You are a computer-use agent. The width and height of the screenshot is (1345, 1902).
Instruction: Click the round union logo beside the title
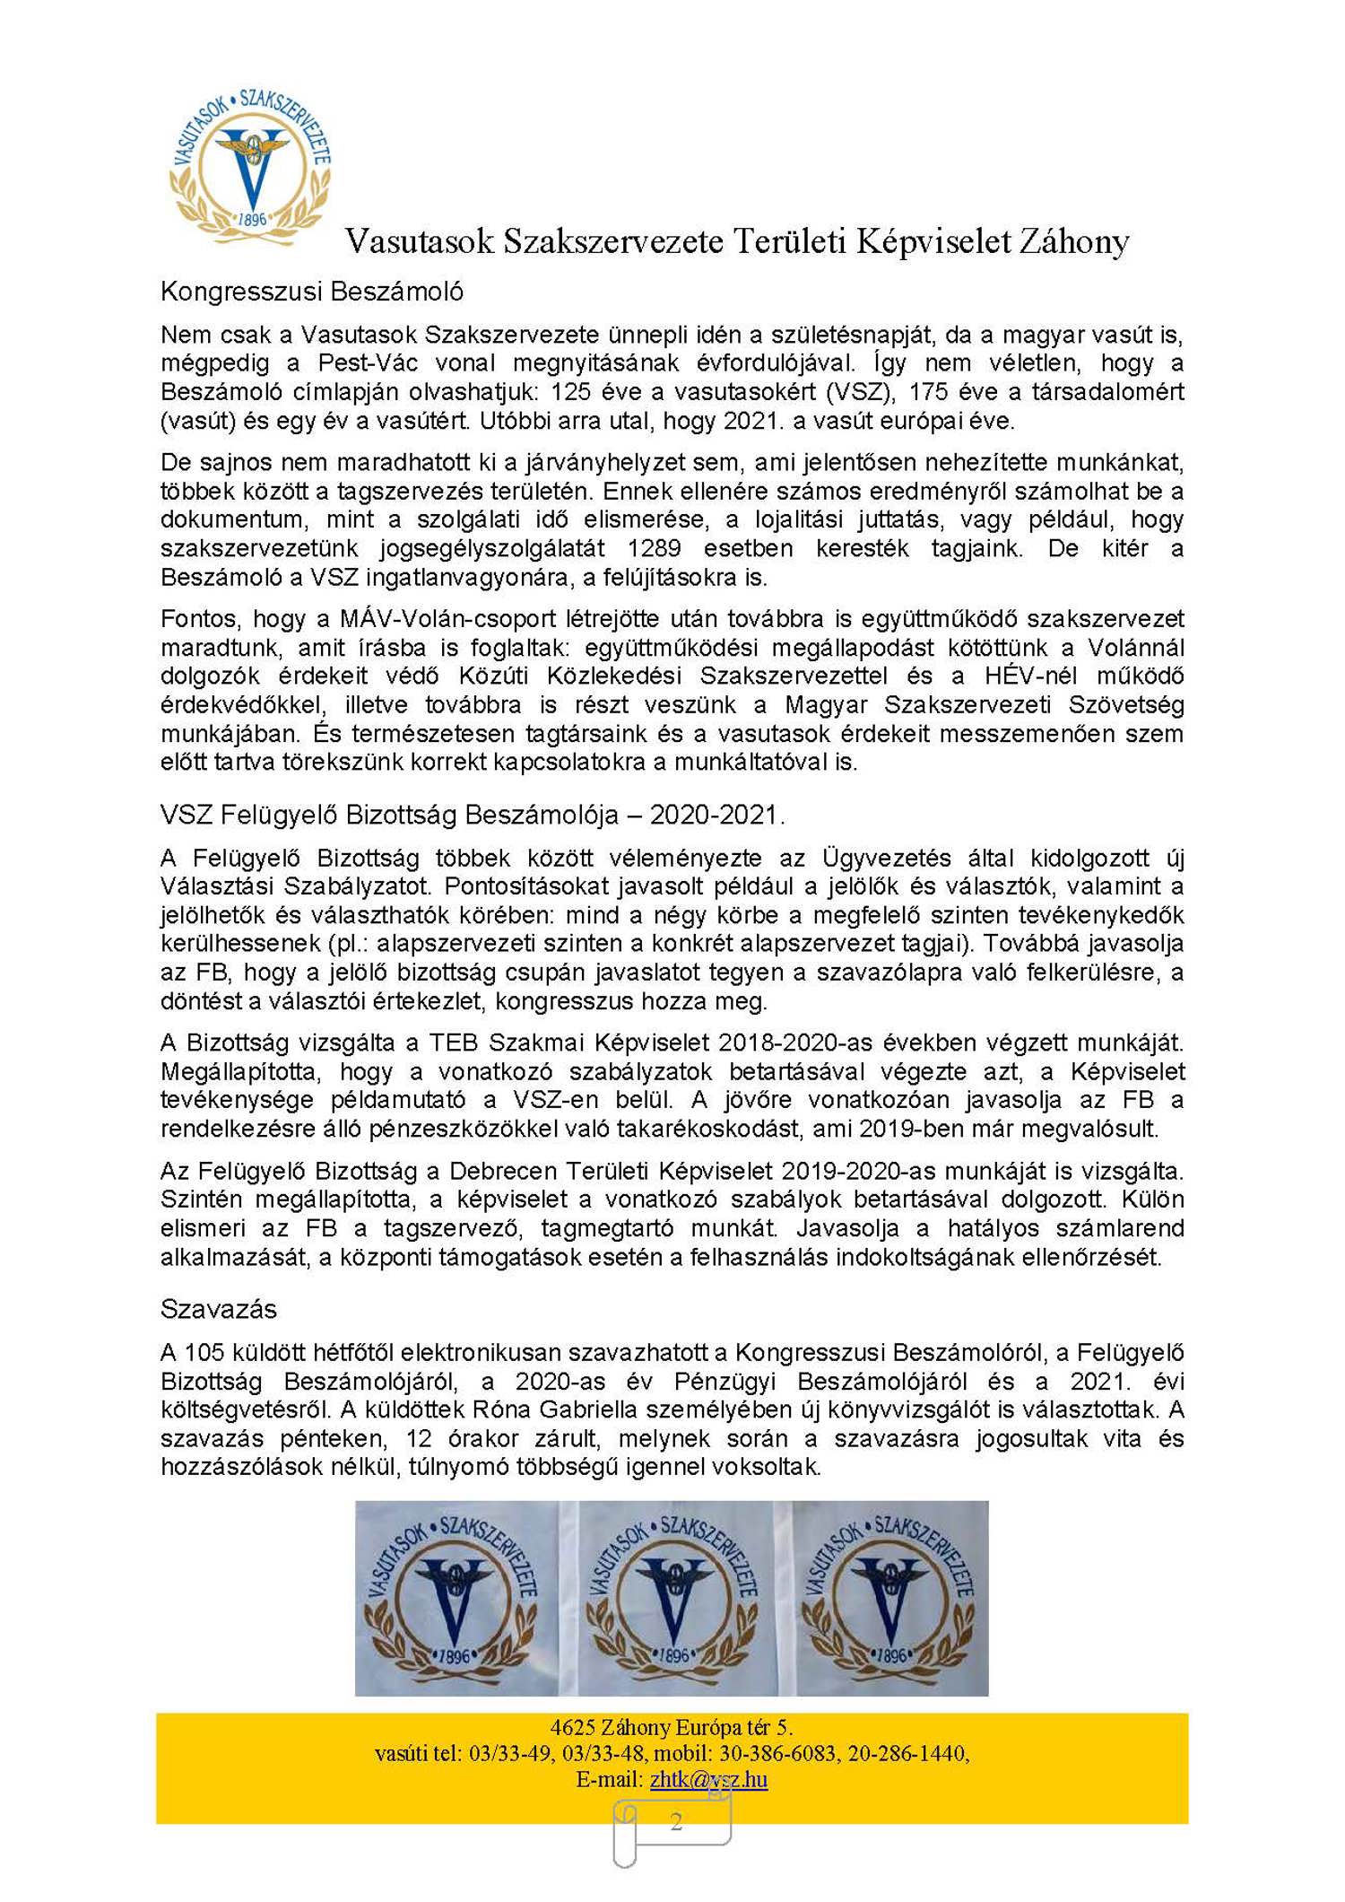tap(250, 167)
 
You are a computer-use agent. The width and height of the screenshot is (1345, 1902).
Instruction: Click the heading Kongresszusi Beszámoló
tap(311, 292)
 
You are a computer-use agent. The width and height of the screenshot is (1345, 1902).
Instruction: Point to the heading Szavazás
tap(218, 1309)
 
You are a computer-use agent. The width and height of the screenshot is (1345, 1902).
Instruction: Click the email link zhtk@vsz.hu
tap(708, 1779)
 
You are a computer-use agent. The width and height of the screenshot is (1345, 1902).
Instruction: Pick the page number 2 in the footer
tap(676, 1821)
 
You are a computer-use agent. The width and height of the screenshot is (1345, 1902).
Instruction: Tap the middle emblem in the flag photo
tap(672, 1598)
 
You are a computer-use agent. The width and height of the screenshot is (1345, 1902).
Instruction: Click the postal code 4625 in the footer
tap(572, 1727)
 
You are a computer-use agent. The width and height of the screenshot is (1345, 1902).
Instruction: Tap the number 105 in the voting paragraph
tap(203, 1352)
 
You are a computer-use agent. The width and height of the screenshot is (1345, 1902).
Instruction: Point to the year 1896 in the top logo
tap(253, 219)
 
